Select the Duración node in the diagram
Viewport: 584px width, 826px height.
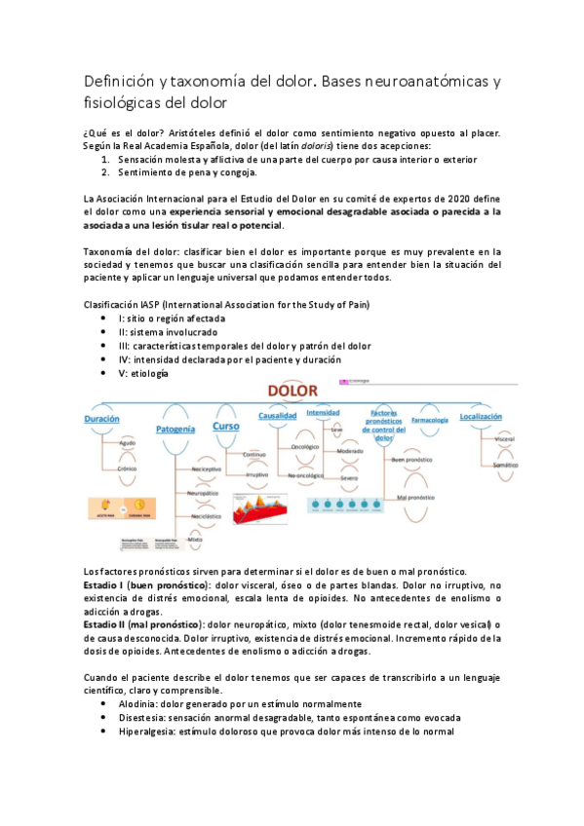point(102,417)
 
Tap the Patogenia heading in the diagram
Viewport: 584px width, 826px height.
point(175,428)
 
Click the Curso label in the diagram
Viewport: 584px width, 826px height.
point(226,426)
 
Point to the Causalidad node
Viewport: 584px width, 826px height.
point(277,415)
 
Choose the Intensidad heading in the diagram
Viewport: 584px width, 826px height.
point(323,412)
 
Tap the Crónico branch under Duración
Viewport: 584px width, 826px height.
point(127,469)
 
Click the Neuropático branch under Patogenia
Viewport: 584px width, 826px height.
point(202,494)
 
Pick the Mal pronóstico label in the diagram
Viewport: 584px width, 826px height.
point(414,497)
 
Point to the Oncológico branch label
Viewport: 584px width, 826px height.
point(306,446)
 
